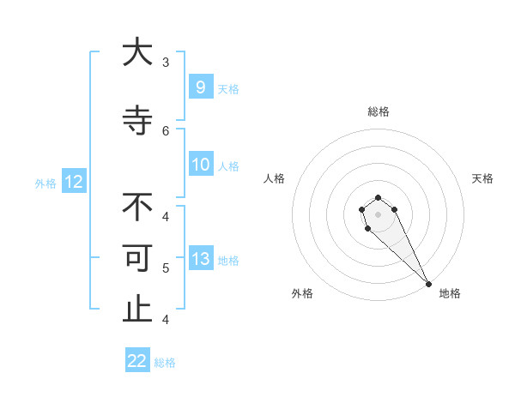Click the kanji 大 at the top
[x=137, y=52]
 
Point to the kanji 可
[x=137, y=259]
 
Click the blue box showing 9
[x=200, y=87]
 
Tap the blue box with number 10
[x=200, y=165]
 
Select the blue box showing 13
[x=200, y=259]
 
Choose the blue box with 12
[x=74, y=182]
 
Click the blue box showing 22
[x=137, y=361]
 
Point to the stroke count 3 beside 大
[x=166, y=63]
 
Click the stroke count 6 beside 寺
[x=166, y=131]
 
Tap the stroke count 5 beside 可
[x=166, y=268]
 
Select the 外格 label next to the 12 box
[x=45, y=183]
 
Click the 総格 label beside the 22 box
[x=165, y=363]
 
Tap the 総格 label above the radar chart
[x=378, y=111]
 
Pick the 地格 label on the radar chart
[x=450, y=293]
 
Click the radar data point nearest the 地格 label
[x=428, y=284]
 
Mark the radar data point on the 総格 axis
[x=378, y=197]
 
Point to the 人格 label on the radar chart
[x=275, y=178]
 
